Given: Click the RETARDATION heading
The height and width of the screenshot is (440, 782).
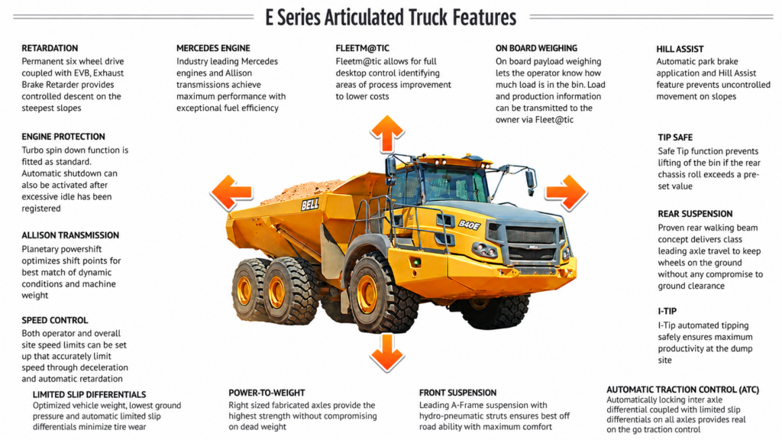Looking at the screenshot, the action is tap(50, 48).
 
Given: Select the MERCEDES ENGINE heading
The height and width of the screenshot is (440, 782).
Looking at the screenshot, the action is tap(214, 48).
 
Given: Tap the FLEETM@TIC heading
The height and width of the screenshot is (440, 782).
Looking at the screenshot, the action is tap(363, 48).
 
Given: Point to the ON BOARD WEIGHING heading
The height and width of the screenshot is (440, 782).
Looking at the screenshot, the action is tap(537, 48).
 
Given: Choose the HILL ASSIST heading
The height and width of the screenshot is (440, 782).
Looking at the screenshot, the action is tap(680, 50).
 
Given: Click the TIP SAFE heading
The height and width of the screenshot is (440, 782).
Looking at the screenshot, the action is tap(675, 137).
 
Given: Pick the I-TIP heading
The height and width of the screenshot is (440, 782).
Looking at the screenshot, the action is tap(667, 312).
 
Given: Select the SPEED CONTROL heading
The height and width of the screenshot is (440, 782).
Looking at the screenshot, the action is tap(55, 320).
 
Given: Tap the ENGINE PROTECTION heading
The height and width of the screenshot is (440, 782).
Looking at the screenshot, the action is tap(63, 137).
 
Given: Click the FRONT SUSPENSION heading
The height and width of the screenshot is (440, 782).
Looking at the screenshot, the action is tap(458, 393).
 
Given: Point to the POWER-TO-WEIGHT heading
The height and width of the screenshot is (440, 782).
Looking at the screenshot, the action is tap(267, 393).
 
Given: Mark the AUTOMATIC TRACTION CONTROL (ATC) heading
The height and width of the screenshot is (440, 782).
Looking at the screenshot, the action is tap(683, 390).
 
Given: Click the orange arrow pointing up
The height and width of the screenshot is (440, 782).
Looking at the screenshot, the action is tap(387, 134).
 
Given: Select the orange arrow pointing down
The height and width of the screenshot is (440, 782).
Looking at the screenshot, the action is tap(387, 353).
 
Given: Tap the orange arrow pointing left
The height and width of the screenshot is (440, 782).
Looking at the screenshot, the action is tap(231, 192).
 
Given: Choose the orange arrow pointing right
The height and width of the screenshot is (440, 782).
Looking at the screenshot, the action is tap(566, 192).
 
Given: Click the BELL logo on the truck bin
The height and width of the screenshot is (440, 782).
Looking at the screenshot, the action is tap(310, 205).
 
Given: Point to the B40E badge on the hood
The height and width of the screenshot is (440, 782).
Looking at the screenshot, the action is tap(470, 225).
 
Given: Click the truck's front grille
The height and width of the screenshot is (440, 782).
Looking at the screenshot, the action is tap(532, 243).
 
